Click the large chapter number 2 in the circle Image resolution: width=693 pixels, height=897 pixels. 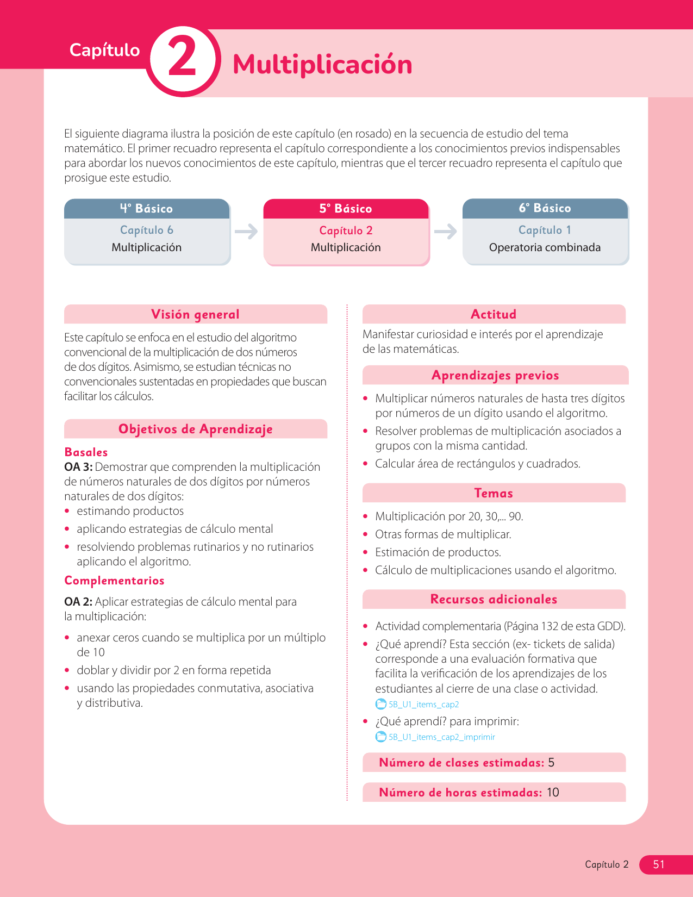(x=183, y=60)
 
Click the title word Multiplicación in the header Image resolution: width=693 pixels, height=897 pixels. (x=322, y=64)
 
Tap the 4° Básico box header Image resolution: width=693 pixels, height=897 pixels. (x=147, y=209)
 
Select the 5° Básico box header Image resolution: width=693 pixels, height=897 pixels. (x=346, y=209)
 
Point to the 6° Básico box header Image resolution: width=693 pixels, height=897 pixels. (x=545, y=208)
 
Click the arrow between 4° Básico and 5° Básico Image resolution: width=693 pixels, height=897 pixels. (x=246, y=232)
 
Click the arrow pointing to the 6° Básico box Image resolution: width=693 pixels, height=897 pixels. (x=446, y=232)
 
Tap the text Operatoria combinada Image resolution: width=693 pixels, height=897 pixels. (x=545, y=248)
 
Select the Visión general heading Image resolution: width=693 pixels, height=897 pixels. (x=195, y=314)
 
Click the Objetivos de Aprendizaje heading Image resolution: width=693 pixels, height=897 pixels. (x=195, y=429)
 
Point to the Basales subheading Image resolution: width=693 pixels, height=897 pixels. (x=86, y=452)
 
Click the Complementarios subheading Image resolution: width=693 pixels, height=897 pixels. (x=114, y=581)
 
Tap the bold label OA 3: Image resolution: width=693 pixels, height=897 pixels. (x=78, y=467)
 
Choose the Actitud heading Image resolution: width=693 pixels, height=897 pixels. (x=494, y=314)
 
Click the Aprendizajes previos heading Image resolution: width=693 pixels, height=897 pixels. (x=495, y=375)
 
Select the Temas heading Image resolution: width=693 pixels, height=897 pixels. (x=494, y=493)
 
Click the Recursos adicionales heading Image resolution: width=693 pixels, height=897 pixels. (x=494, y=599)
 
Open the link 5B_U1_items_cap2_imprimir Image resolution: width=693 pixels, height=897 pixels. (x=441, y=737)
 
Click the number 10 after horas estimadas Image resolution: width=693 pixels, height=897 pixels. (x=553, y=793)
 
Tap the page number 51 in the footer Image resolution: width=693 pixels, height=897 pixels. (x=659, y=864)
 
